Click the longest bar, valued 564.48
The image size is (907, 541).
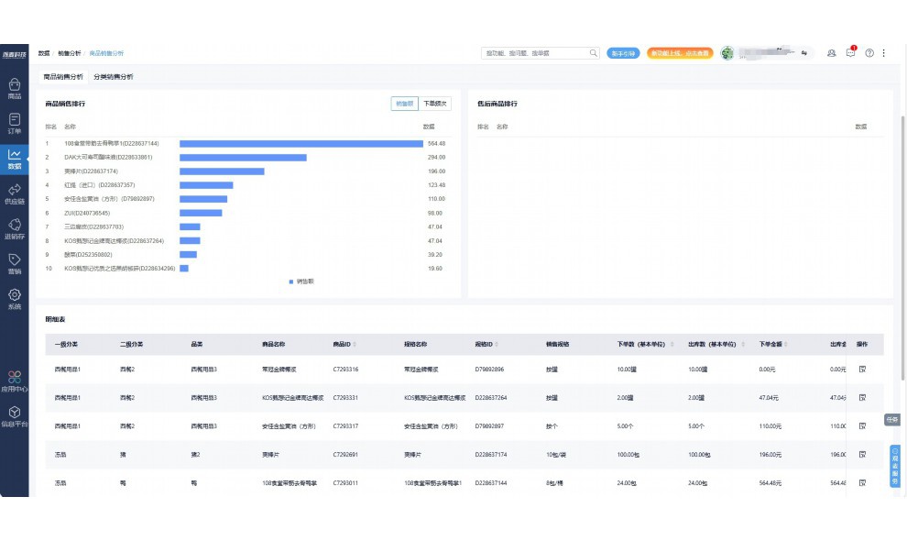tap(301, 143)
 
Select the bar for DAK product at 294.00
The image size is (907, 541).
tap(243, 158)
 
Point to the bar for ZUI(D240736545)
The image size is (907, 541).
tap(201, 213)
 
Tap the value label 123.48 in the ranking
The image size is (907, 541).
tap(436, 185)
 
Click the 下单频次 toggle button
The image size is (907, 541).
tap(436, 104)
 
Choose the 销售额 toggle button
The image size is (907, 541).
tap(404, 104)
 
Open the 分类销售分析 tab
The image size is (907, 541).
tap(113, 77)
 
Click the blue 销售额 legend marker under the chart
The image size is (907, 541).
tap(291, 282)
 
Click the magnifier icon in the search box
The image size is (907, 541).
tap(594, 53)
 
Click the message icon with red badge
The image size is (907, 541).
tap(850, 53)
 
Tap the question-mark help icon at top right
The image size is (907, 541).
tap(869, 53)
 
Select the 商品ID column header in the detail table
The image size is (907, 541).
tap(342, 345)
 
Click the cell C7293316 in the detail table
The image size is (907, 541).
tap(345, 370)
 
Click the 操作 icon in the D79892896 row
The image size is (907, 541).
tap(862, 370)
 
